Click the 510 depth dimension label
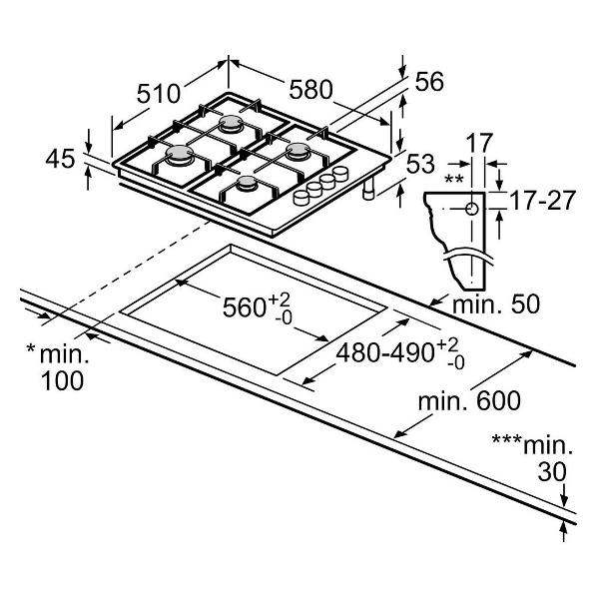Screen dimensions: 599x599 click(x=158, y=94)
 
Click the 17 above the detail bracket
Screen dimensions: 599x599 click(x=480, y=142)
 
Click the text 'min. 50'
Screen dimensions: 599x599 click(x=488, y=302)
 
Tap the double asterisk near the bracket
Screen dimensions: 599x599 click(x=454, y=180)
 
